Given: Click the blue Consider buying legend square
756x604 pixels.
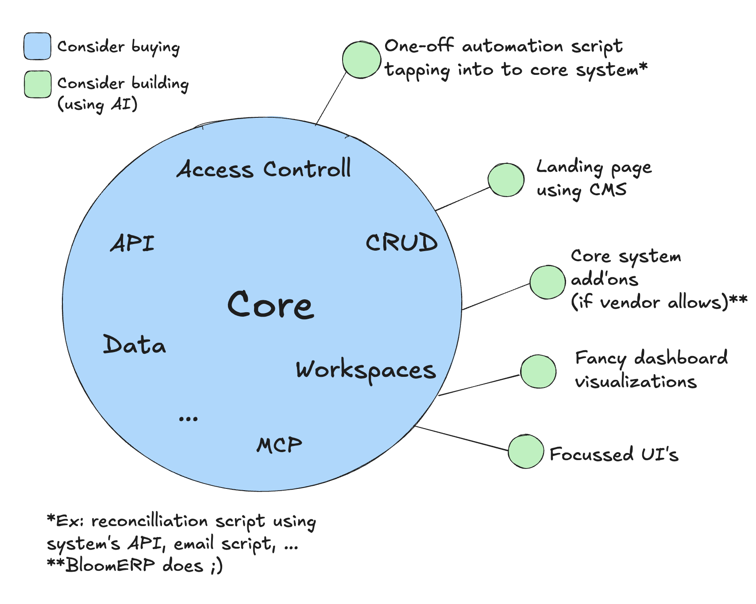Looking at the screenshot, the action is point(37,46).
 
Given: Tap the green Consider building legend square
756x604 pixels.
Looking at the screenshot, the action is point(38,84).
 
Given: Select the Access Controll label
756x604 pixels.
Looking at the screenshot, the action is point(264,169).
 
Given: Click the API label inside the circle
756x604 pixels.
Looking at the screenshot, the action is point(132,243).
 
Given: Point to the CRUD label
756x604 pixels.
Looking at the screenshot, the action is point(401,242).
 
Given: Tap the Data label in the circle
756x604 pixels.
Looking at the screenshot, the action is point(134,345).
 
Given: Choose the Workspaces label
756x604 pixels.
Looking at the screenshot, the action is point(366,371).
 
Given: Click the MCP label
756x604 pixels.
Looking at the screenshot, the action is point(279,445).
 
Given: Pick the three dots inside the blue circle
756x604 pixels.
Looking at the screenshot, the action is point(188,418).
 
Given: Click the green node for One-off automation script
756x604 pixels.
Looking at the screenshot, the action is point(362,60).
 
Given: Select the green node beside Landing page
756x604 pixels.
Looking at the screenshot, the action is point(506,180).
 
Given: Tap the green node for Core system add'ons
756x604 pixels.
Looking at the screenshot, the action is point(548,282).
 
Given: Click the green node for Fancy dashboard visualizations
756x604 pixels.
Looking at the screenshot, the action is point(538,372).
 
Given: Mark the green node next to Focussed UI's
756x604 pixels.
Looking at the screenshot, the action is point(526,451).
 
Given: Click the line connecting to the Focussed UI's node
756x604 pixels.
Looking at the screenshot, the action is point(461,438).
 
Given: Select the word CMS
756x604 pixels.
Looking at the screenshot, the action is point(608,190).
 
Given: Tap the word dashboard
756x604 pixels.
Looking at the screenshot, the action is point(681,358).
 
